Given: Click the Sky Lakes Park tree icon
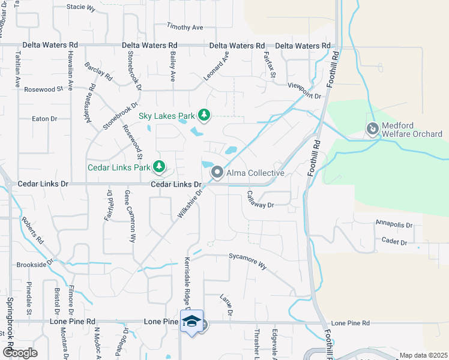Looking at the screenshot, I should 204,115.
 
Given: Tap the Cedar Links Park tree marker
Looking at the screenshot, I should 159,166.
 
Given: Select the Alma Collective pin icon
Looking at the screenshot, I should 217,173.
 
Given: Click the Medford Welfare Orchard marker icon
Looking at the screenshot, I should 372,128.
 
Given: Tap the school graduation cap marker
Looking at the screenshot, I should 191,321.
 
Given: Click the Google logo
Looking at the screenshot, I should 20,353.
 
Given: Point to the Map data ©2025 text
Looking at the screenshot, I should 423,355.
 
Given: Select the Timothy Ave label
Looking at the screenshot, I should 185,27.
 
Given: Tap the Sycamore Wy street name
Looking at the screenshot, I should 247,256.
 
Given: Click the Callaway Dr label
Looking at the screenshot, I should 260,200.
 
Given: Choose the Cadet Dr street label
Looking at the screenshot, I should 394,242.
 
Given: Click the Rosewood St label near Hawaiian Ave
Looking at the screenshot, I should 43,89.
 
